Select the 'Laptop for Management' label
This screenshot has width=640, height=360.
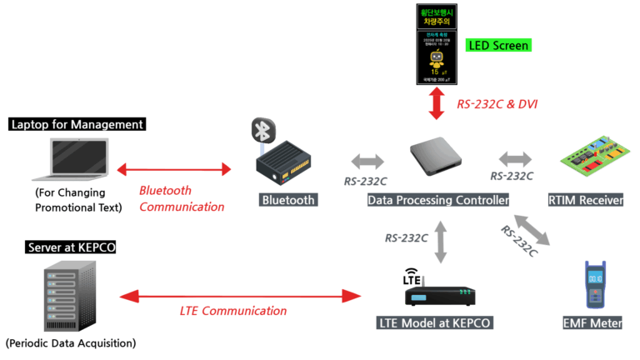pyautogui.click(x=77, y=125)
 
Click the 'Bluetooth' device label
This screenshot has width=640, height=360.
pyautogui.click(x=288, y=200)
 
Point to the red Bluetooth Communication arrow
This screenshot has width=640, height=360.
pyautogui.click(x=174, y=170)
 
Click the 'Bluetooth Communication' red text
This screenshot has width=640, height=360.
pyautogui.click(x=181, y=198)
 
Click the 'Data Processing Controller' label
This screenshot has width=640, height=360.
pyautogui.click(x=438, y=200)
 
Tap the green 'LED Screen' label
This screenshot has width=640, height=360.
pyautogui.click(x=497, y=45)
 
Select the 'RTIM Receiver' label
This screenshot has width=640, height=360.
pyautogui.click(x=586, y=200)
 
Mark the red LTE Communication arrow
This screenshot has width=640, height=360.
pyautogui.click(x=237, y=295)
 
